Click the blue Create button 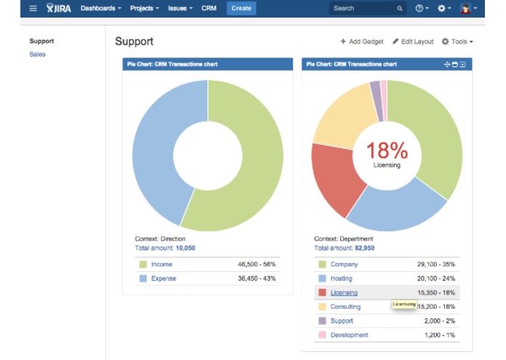[241, 8]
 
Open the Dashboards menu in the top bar [100, 8]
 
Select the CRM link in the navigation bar [209, 8]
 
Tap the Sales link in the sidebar [37, 55]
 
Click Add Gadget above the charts [362, 42]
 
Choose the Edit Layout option [413, 42]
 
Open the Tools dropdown [457, 42]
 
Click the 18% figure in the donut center [387, 150]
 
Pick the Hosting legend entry [341, 278]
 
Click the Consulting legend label [345, 307]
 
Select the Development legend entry [349, 335]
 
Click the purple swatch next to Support [322, 321]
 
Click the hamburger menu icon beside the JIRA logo [33, 8]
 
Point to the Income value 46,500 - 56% [256, 264]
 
